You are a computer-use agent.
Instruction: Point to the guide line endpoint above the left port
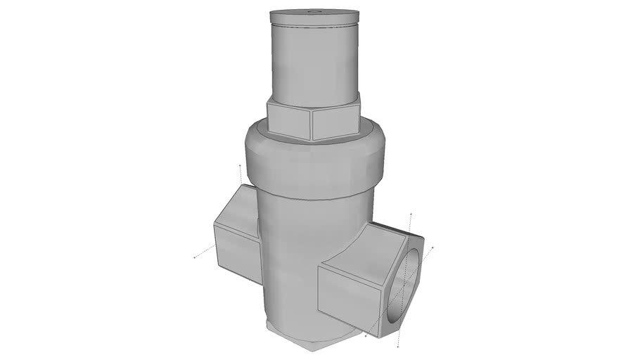241,165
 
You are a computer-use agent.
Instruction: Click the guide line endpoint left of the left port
195,258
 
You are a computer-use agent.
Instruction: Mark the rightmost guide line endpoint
434,246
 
